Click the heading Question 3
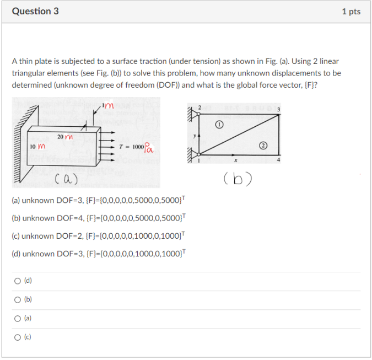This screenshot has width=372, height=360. click(x=35, y=11)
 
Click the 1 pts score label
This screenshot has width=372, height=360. click(x=351, y=12)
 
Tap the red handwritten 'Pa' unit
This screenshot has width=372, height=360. click(x=150, y=148)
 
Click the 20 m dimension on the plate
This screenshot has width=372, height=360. click(x=65, y=136)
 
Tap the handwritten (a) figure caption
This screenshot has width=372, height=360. click(x=66, y=179)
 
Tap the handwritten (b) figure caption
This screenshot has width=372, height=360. click(x=238, y=179)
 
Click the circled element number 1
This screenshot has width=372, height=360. click(x=219, y=126)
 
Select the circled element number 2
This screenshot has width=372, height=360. click(x=263, y=146)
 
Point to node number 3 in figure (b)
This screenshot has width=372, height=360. click(x=279, y=110)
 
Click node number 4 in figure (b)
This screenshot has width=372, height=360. click(x=279, y=160)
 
